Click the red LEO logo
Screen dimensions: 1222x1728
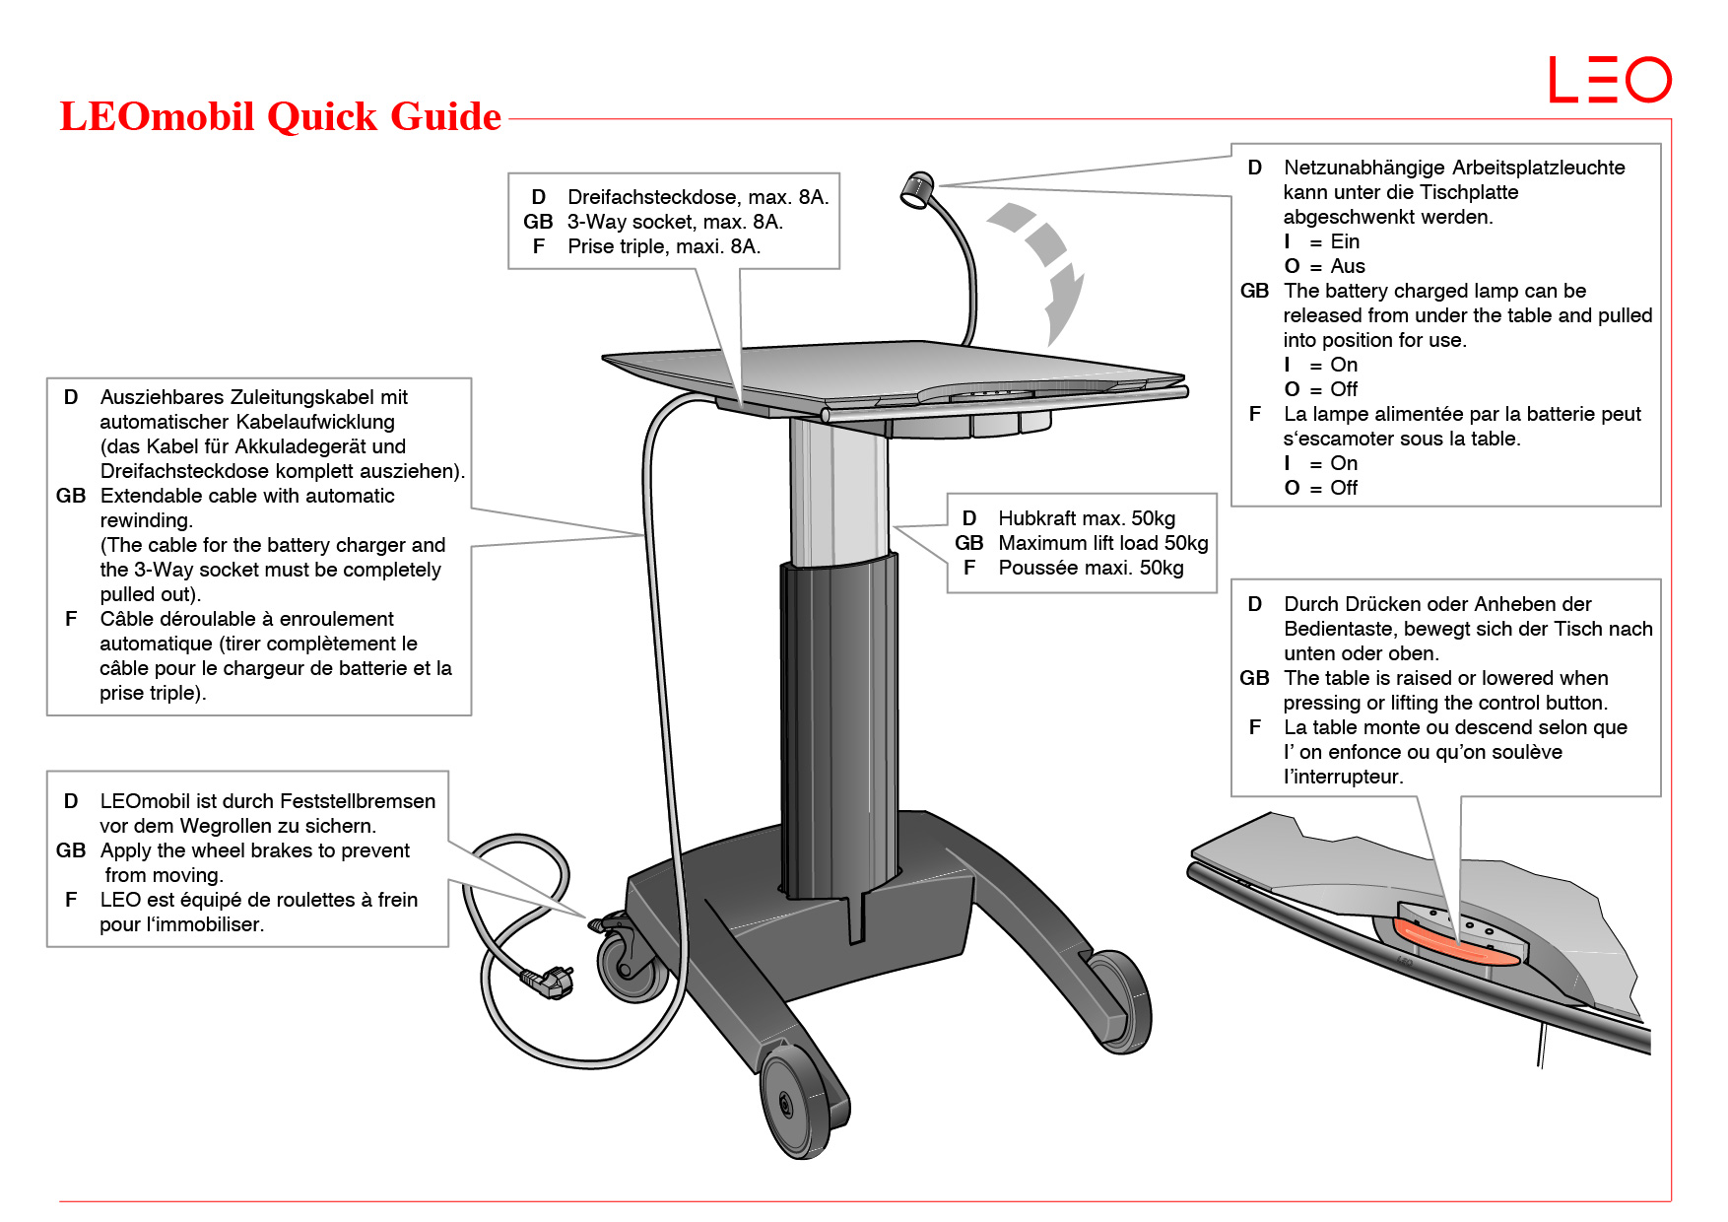point(1610,80)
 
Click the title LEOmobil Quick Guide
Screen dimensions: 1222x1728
point(281,116)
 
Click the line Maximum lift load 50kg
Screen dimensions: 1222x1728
point(1102,543)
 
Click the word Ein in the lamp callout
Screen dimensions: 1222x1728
point(1345,241)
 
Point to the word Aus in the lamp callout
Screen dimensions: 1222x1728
point(1348,266)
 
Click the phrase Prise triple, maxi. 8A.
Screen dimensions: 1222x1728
point(664,246)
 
